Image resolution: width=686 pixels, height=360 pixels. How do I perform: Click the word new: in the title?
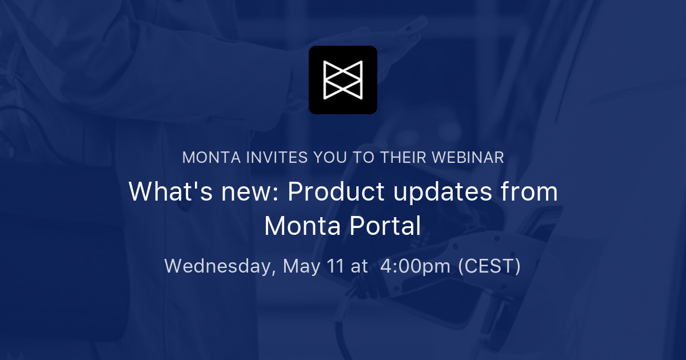[x=250, y=192]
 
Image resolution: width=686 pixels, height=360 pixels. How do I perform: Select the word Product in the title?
[x=336, y=192]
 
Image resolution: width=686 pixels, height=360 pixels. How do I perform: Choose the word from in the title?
[x=531, y=192]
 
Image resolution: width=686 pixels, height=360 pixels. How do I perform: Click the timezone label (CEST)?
[x=489, y=266]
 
